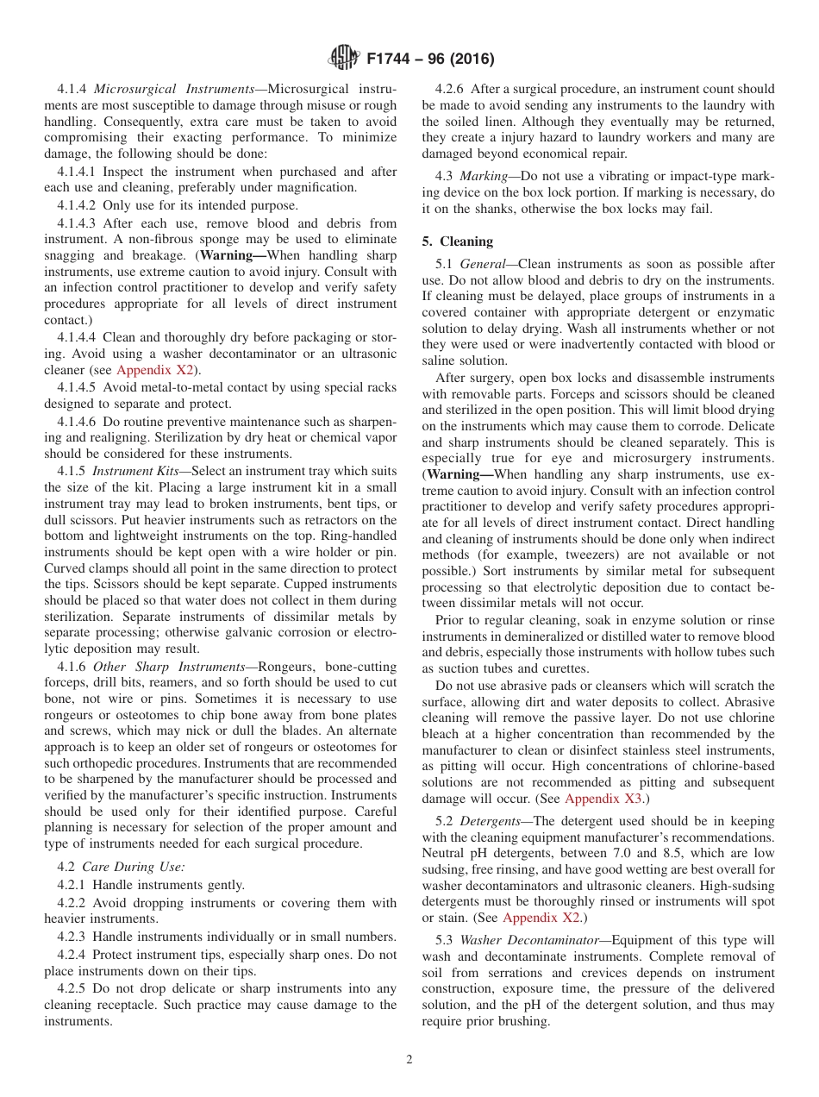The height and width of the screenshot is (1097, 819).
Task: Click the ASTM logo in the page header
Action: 346,60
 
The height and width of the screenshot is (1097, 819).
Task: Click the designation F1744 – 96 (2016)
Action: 430,60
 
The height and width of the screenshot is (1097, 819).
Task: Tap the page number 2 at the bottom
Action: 409,1060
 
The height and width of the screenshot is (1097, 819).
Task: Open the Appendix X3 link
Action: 603,799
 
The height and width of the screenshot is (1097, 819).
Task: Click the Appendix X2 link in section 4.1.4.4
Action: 154,370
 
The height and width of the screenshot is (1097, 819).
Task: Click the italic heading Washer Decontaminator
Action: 531,940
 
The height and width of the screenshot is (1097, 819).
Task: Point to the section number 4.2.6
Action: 453,89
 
